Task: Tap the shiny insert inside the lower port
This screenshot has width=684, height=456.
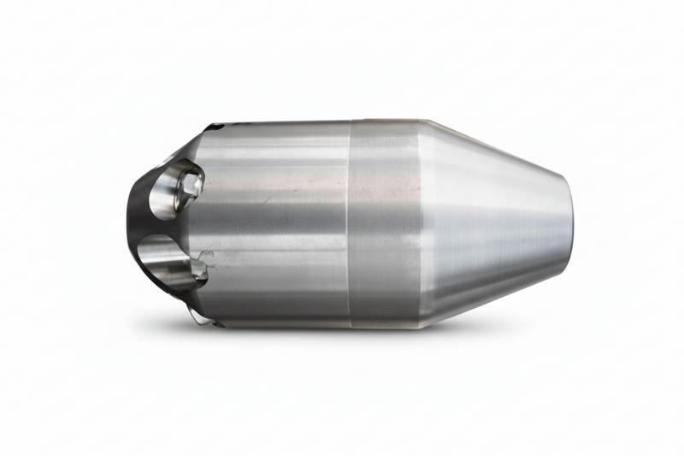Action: coord(197,269)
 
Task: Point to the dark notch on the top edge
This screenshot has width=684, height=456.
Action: coord(213,127)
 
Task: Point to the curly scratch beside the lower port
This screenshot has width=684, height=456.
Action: coord(205,254)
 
